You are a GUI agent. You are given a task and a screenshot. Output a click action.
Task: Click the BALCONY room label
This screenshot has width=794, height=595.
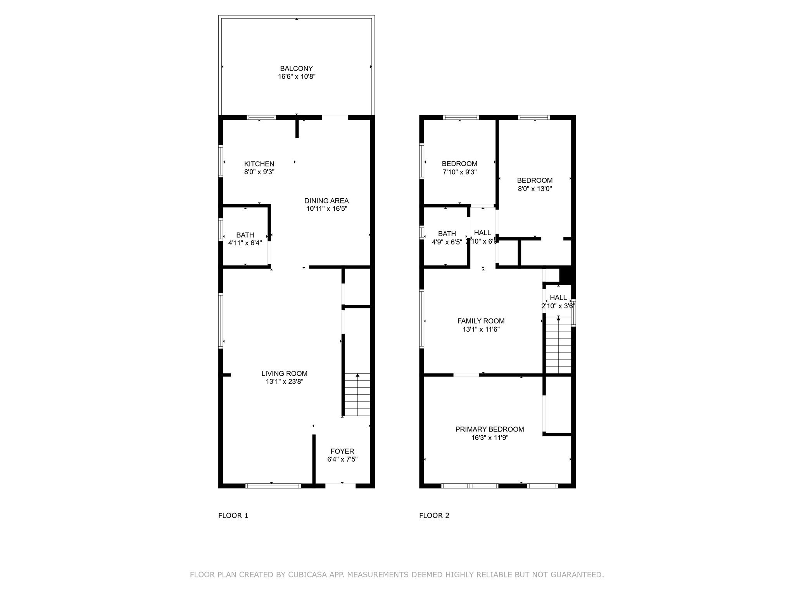point(296,69)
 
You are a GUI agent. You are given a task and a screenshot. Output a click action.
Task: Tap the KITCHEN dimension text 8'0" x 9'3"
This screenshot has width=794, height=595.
point(259,172)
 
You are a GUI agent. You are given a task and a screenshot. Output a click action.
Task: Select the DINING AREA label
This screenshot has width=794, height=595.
point(326,201)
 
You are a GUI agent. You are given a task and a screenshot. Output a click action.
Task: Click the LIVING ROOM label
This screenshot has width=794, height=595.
point(284,373)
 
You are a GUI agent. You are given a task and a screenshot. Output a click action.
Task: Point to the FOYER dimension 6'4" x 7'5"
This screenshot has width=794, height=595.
point(342,459)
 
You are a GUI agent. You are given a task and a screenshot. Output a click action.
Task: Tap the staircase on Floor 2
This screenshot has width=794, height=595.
point(558,345)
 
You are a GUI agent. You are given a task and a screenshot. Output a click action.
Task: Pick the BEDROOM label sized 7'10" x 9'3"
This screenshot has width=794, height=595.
point(459,164)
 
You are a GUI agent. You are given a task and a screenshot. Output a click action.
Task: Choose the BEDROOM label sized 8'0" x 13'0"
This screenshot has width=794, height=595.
point(535,181)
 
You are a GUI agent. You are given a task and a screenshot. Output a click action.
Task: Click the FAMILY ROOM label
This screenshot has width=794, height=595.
point(481,321)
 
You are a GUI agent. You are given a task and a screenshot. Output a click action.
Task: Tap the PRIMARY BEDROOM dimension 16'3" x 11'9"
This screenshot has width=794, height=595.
point(490,438)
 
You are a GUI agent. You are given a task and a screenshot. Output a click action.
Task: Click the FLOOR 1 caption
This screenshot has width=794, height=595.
point(233,515)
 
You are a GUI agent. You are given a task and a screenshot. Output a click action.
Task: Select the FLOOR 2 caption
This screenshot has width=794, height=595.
point(434,515)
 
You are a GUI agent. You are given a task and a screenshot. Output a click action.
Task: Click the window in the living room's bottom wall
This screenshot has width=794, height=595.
point(273,485)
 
